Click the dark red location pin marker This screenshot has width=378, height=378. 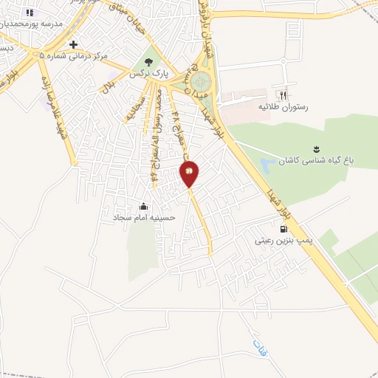point(189,173)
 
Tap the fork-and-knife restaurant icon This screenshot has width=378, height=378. point(281,95)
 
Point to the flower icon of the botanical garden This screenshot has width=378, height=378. point(317,148)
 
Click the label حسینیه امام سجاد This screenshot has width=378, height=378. point(143,218)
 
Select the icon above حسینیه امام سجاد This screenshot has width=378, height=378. point(143,205)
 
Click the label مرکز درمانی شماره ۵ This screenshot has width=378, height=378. point(74,56)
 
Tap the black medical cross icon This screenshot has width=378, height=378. point(73,44)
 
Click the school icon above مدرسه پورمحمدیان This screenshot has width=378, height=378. point(29,12)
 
